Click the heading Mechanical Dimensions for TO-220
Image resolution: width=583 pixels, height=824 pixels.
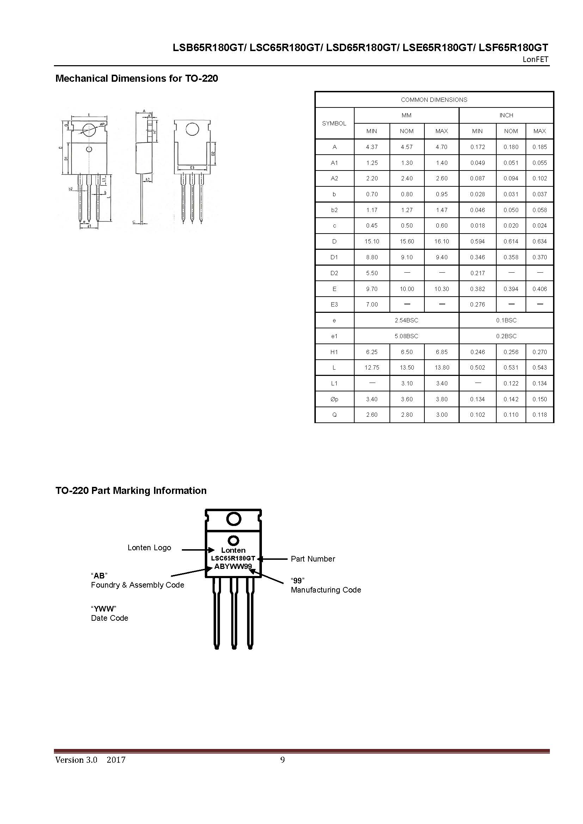coord(136,78)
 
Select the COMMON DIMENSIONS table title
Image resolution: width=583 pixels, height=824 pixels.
coord(434,100)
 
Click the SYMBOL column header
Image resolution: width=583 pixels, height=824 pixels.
coord(334,123)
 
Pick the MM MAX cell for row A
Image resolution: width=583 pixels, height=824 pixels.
coord(441,147)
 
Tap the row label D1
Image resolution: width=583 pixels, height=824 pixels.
coord(334,257)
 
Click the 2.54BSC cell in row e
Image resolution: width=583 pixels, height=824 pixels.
coord(406,320)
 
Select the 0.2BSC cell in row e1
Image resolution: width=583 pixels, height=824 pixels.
coord(506,336)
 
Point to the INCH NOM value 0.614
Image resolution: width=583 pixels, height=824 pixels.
coord(510,242)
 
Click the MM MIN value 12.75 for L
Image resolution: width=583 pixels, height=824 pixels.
coord(372,367)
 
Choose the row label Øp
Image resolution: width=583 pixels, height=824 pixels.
coord(334,399)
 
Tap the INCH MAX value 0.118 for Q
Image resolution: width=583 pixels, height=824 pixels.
coord(539,415)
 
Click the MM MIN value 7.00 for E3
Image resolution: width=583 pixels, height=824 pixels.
coord(372,304)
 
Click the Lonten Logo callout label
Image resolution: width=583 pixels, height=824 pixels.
coord(149,548)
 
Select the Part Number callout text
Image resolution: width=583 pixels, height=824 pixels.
coord(313,559)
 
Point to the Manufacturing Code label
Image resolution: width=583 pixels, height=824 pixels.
coord(326,590)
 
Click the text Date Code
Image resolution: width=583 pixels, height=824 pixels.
coord(110,618)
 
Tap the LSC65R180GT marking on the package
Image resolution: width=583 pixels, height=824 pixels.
coord(233,558)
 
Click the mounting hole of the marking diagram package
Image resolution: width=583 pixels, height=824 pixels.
coord(233,519)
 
